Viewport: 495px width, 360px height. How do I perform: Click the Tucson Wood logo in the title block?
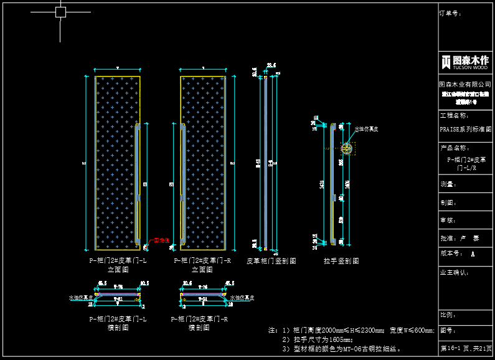coord(465,62)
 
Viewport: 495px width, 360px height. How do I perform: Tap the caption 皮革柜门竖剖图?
coord(271,261)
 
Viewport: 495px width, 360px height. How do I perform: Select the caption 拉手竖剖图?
coord(341,261)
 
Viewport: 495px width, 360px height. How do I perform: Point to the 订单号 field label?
coord(450,12)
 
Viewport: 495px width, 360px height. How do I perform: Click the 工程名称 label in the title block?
coord(453,115)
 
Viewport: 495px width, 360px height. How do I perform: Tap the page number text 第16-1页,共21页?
coord(466,348)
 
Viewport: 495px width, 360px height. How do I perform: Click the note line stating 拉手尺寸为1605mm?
coord(318,339)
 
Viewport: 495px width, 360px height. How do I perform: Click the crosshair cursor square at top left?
coord(60,12)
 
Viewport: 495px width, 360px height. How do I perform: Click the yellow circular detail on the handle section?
coord(346,148)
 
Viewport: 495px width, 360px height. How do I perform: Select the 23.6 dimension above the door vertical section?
coord(271,65)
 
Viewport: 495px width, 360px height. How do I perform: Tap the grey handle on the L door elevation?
coord(138,184)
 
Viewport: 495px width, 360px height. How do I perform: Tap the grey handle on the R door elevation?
coord(182,184)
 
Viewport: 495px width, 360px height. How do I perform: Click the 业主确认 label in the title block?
coord(455,272)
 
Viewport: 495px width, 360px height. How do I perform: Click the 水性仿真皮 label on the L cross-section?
coord(80,298)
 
